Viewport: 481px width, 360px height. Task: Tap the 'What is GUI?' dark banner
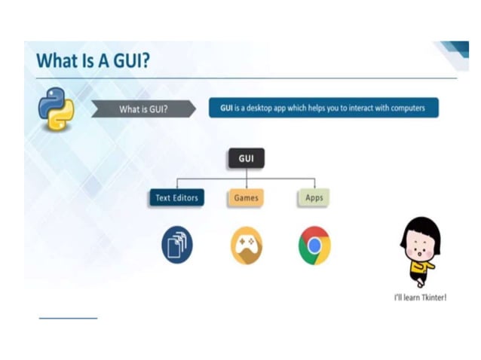[144, 109]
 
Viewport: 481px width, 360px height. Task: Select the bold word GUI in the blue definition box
[225, 108]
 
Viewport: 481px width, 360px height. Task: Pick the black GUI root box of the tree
[246, 159]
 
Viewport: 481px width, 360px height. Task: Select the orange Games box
[246, 198]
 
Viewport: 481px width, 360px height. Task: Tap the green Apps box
[314, 198]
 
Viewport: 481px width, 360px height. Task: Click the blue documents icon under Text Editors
[177, 246]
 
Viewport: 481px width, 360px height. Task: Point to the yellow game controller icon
[246, 246]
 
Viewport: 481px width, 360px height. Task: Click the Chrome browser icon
[314, 246]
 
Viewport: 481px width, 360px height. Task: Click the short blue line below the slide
[68, 318]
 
